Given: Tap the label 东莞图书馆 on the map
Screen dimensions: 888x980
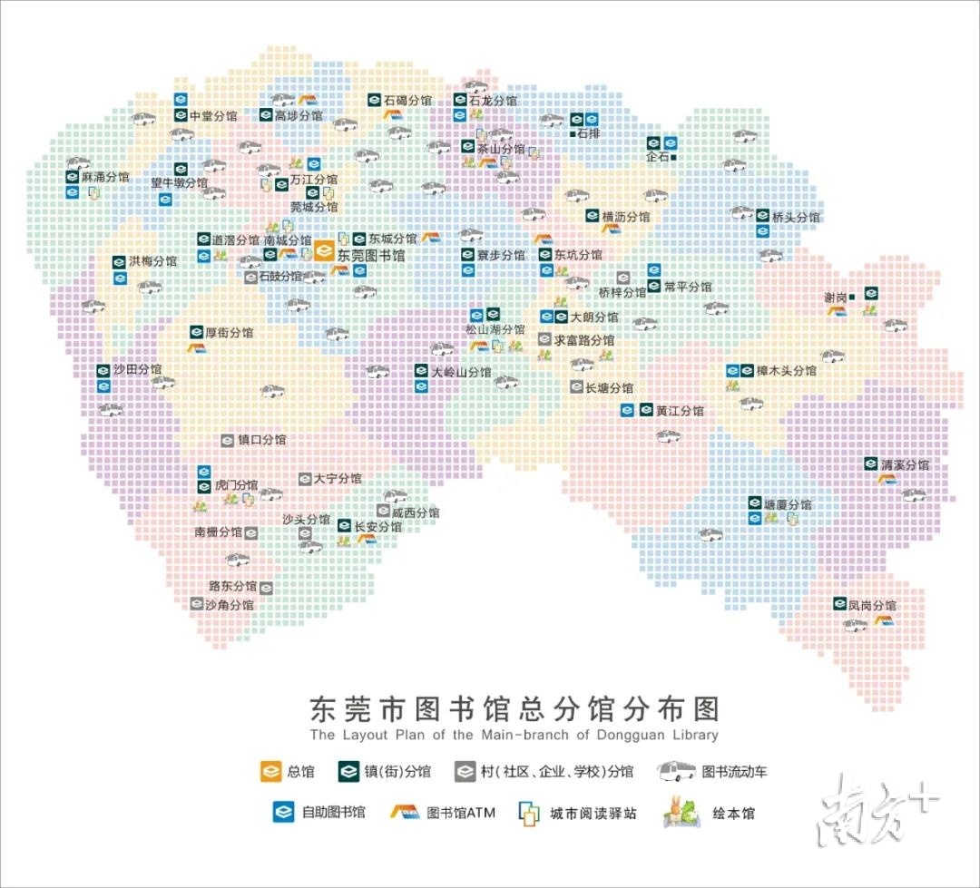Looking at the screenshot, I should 371,257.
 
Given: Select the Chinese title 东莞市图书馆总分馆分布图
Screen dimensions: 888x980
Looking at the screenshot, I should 514,708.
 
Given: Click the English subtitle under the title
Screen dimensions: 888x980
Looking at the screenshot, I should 514,735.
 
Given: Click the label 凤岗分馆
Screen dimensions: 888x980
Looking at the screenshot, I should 873,605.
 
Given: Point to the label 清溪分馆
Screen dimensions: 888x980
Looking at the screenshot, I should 905,464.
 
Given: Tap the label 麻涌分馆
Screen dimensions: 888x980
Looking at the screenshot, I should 105,177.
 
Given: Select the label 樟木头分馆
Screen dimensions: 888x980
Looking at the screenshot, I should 787,371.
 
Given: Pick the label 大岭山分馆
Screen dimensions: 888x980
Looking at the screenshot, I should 461,372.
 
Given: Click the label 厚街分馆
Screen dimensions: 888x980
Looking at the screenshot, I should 229,333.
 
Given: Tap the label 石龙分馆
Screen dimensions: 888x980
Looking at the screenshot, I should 493,101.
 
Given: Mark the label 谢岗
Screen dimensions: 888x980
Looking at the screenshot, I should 835,298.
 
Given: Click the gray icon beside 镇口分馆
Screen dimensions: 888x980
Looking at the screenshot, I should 228,440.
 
